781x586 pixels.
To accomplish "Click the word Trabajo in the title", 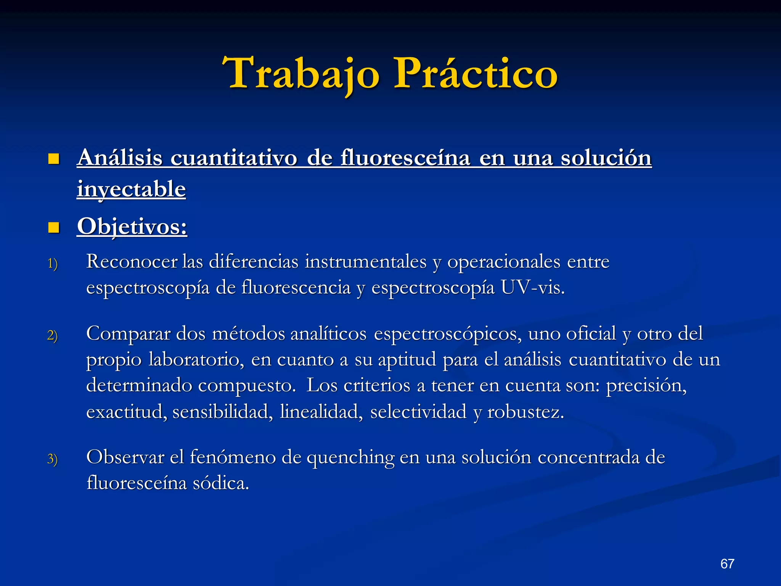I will tap(301, 73).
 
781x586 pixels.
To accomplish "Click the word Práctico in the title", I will tap(476, 73).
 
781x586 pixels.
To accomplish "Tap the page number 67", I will tap(727, 563).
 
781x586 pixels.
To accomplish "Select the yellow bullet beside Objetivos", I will tap(54, 228).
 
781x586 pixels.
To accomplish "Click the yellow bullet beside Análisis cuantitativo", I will tap(54, 159).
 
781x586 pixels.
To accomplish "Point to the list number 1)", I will tap(53, 264).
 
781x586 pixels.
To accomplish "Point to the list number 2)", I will tap(53, 335).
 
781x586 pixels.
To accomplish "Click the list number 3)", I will tap(53, 459).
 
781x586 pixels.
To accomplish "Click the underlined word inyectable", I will tap(131, 189).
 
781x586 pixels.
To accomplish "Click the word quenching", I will tap(350, 457).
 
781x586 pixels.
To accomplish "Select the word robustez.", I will tap(525, 412).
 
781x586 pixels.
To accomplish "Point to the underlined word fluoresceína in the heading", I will tap(405, 158).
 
